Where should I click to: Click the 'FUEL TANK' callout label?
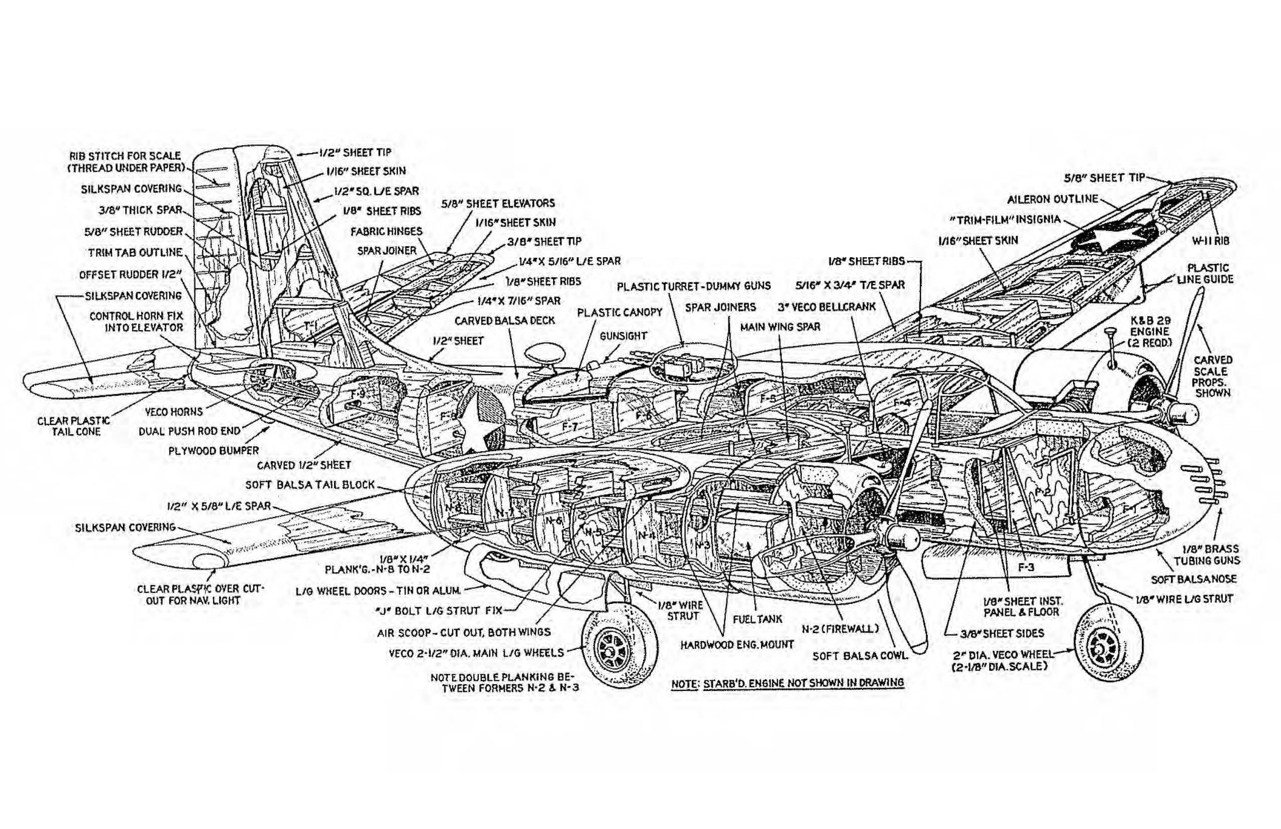click(x=758, y=619)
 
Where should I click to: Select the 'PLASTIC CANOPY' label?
click(x=619, y=312)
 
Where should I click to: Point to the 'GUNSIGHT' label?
click(x=623, y=336)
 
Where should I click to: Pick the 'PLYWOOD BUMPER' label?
click(x=213, y=451)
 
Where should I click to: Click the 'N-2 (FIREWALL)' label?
click(x=840, y=628)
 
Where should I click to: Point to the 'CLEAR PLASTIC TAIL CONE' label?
click(x=74, y=427)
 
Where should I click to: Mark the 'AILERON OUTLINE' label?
click(x=1052, y=199)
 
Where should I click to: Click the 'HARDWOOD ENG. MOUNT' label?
click(x=737, y=644)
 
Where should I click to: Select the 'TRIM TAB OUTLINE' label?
click(x=135, y=252)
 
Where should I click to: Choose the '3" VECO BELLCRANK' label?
click(x=826, y=307)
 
